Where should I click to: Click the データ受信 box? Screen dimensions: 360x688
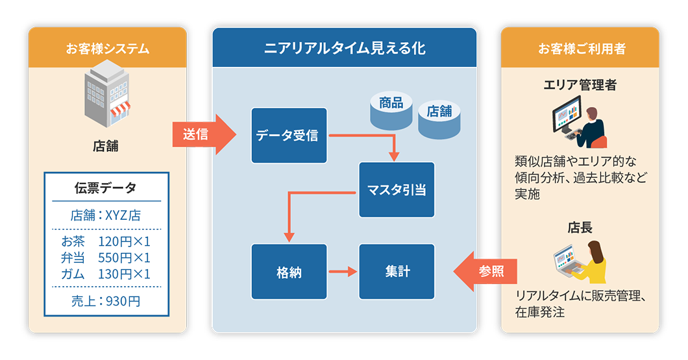tap(289, 136)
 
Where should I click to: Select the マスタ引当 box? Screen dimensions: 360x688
tap(396, 190)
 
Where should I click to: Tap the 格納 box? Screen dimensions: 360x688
tap(289, 272)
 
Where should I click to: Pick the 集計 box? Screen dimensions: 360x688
tap(396, 272)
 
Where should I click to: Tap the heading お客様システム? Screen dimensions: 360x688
tap(107, 49)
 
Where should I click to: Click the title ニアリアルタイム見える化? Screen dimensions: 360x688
tap(345, 48)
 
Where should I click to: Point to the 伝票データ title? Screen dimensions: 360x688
tap(106, 189)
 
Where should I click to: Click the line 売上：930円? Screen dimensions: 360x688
tap(106, 300)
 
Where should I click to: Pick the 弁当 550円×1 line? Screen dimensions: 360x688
tap(106, 258)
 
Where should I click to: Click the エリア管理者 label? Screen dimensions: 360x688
tap(580, 85)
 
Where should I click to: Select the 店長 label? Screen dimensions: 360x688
tap(580, 228)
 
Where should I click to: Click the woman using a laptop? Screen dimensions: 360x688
tap(582, 261)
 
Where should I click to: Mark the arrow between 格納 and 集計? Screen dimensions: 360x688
tap(343, 272)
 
